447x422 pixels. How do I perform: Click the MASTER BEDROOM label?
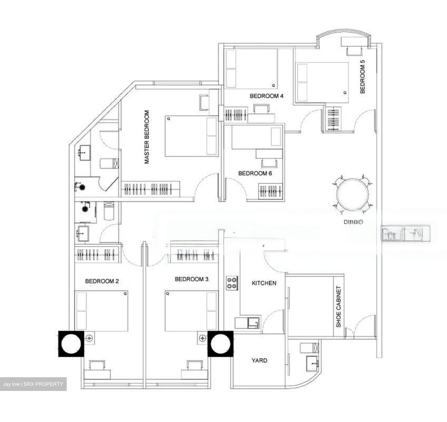pos(147,137)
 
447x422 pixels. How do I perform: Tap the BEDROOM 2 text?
pos(102,281)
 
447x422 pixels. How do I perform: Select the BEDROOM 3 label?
pos(192,279)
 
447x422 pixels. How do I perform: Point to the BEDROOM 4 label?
pos(266,96)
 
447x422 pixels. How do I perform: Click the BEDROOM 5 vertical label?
pos(362,76)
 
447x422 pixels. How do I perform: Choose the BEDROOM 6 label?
pos(255,173)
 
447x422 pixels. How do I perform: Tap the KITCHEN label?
pos(264,283)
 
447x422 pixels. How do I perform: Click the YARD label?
pos(259,360)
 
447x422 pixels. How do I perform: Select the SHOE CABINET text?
pos(338,306)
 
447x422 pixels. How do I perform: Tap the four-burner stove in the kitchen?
pos(232,283)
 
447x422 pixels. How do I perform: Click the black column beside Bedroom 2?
pos(71,344)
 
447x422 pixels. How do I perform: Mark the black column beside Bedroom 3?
pos(220,344)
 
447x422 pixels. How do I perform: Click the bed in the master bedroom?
pos(191,136)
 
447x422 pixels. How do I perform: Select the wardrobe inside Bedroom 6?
pos(271,190)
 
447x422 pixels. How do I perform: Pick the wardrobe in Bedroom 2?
pos(97,254)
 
